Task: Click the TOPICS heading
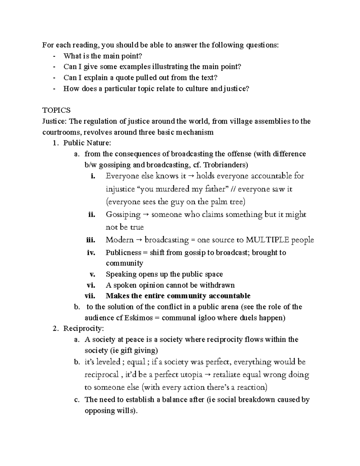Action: point(56,110)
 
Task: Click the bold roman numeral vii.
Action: point(90,296)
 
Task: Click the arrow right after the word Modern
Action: point(139,240)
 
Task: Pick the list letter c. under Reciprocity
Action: point(77,400)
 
